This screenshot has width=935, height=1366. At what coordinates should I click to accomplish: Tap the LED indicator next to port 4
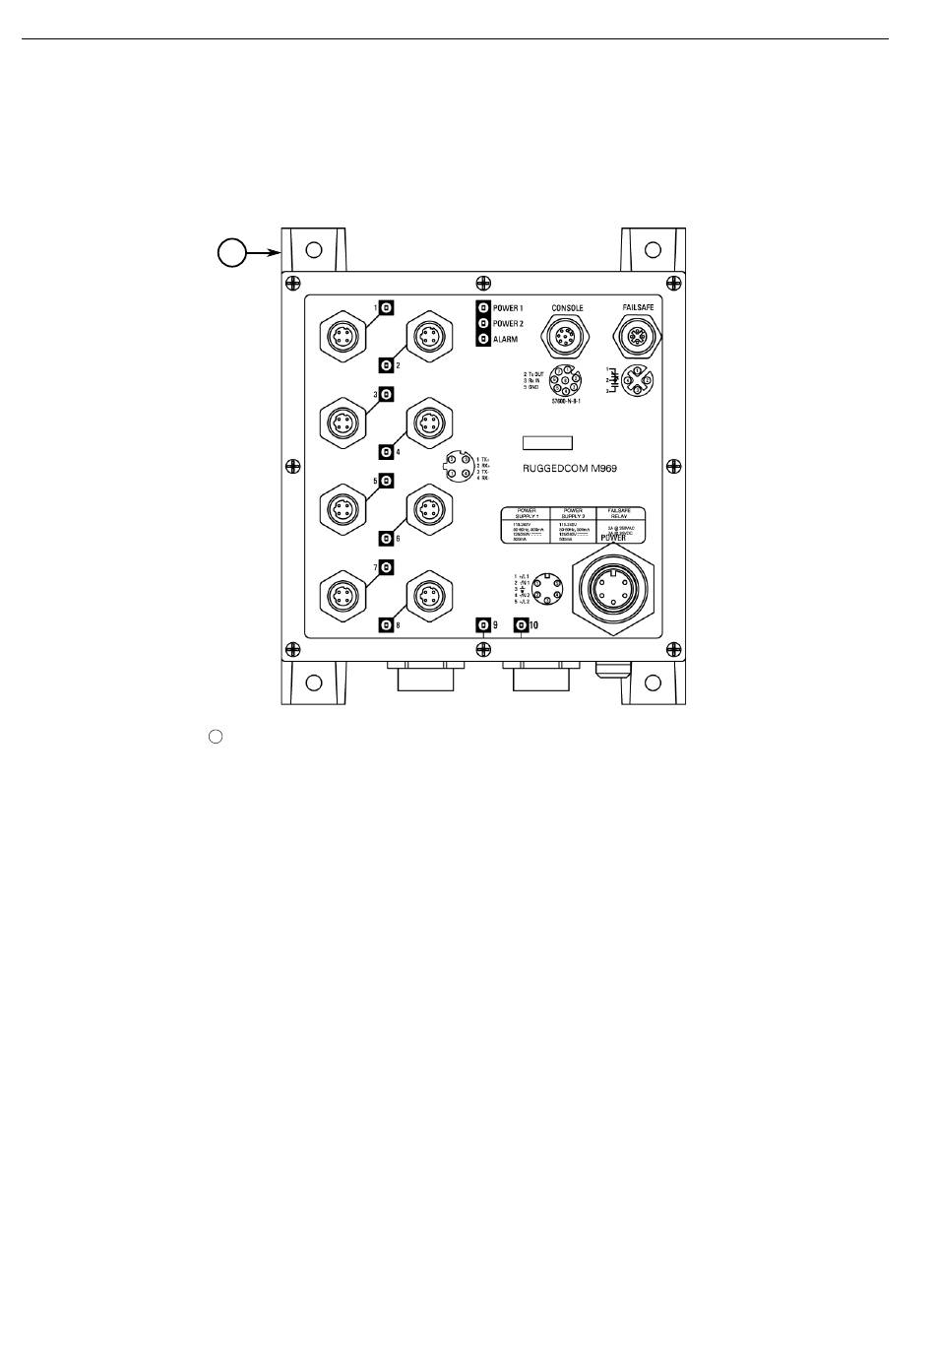(387, 452)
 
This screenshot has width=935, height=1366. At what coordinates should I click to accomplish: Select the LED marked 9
(482, 625)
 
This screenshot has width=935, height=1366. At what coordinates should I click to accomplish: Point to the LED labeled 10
(521, 625)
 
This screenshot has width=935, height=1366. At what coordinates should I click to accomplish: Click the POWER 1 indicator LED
(483, 308)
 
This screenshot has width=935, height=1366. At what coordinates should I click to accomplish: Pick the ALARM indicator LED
(483, 339)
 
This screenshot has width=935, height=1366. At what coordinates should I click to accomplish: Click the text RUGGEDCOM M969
(570, 468)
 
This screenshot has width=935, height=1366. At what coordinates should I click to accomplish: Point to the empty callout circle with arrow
(230, 253)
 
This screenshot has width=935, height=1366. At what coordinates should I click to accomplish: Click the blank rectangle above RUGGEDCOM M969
(547, 442)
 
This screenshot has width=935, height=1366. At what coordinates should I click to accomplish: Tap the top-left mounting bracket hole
(313, 249)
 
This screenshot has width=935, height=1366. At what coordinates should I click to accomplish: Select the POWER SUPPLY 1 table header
(525, 514)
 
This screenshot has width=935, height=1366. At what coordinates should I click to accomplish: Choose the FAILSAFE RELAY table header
(620, 514)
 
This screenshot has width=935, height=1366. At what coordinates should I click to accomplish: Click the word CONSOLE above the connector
(567, 308)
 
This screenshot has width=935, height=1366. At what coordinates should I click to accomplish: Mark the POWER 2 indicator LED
(483, 323)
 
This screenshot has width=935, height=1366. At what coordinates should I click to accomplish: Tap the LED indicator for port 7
(387, 567)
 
